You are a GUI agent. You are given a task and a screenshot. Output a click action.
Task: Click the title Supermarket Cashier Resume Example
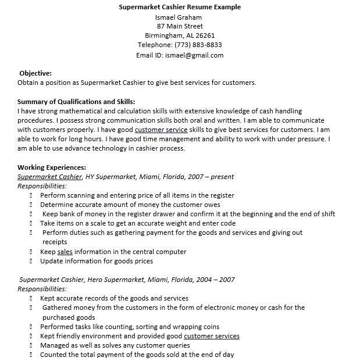click(180, 7)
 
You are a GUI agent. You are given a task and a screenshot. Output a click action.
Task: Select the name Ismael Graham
click(180, 17)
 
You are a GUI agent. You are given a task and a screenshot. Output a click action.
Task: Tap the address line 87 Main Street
click(180, 26)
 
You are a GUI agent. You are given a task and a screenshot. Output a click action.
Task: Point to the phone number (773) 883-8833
click(198, 45)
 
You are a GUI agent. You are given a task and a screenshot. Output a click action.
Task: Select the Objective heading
click(35, 73)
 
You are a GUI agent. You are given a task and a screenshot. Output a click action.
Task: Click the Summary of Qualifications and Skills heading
click(76, 102)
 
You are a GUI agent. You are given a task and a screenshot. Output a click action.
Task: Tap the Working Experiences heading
click(52, 167)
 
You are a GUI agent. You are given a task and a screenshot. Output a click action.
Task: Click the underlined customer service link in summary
click(161, 130)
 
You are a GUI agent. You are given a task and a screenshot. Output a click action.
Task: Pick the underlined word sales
click(65, 252)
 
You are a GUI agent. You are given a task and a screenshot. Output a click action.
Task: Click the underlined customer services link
click(212, 336)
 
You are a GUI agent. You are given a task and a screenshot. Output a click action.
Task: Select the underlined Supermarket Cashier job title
click(49, 177)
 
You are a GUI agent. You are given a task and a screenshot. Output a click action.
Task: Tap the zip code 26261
click(204, 35)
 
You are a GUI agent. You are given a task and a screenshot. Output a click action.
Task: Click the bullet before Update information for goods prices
click(30, 261)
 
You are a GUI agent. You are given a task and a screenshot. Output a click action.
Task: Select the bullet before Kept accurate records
click(30, 298)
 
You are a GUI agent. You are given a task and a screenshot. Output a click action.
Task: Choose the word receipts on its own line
click(55, 242)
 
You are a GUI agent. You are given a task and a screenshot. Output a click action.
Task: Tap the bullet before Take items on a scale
click(30, 223)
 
